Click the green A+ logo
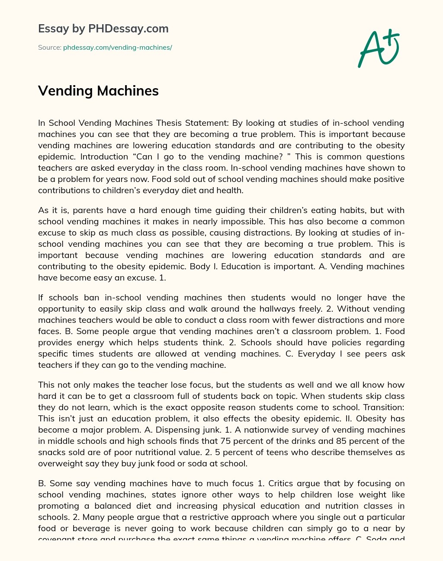(x=379, y=48)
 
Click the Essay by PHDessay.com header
(x=103, y=29)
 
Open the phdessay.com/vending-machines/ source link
(x=117, y=48)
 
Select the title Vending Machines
(x=98, y=91)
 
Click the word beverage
(x=86, y=529)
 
